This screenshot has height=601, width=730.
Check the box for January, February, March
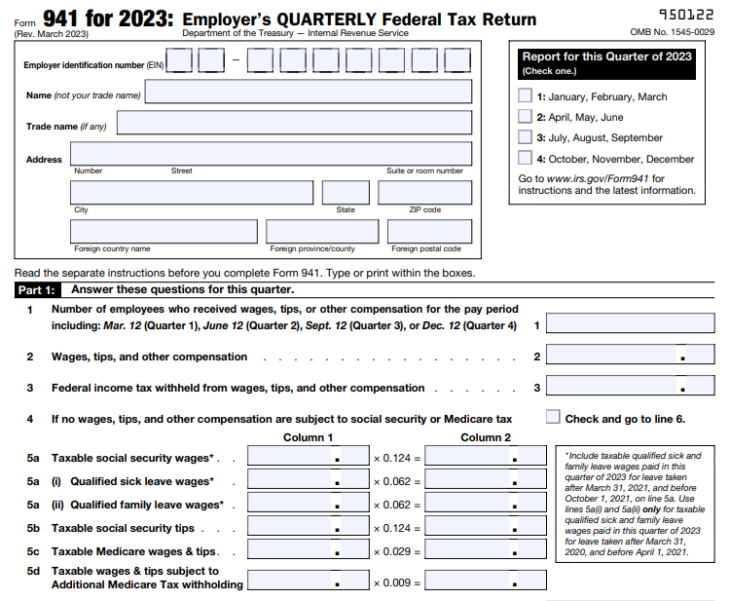coord(525,96)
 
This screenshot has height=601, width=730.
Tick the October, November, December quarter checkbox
coord(525,159)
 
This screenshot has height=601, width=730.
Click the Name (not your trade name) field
coord(308,93)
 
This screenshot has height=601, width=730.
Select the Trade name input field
coord(294,124)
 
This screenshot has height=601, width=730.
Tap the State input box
coord(346,193)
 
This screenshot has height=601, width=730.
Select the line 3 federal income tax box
coord(630,387)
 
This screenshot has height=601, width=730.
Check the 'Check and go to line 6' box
coord(554,418)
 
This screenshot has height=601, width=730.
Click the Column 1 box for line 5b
coord(309,528)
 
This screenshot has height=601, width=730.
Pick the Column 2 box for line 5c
coord(486,551)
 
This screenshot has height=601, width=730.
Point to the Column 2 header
coord(486,437)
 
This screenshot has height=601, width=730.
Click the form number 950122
coord(686,16)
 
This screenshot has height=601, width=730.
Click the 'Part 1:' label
coord(37,289)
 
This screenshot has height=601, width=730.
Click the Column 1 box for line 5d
coord(309,582)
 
